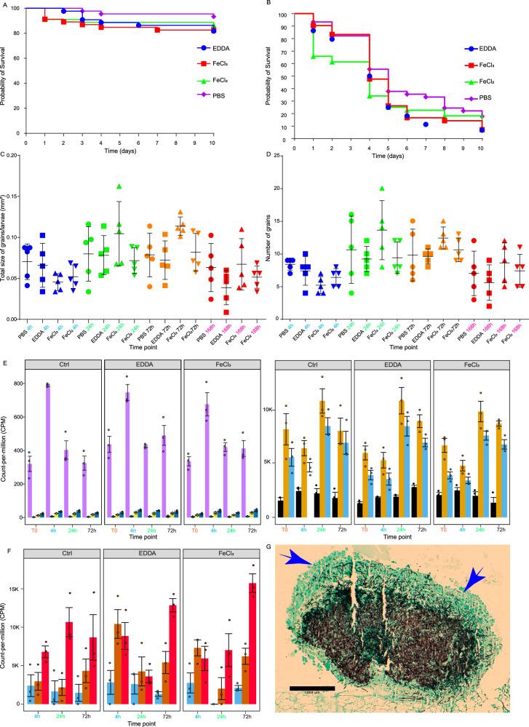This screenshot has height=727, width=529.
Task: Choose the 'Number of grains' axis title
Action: tap(275, 253)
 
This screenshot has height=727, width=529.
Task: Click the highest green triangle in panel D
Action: tap(381, 189)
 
